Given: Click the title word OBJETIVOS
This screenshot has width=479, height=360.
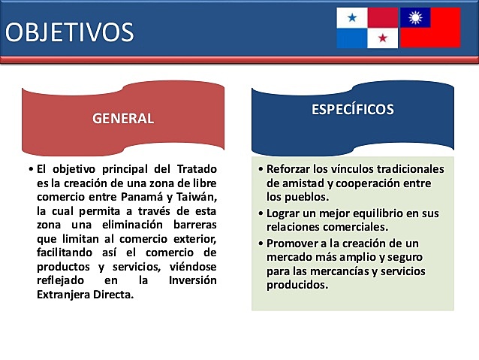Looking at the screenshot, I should point(70,32).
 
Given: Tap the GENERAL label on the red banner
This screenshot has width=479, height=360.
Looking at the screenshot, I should point(123,118).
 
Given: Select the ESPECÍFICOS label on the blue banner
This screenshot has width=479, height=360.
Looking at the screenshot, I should point(352,109).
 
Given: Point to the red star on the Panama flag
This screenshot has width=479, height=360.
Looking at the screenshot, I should point(382,38).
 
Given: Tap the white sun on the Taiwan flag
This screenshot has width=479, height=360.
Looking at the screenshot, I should point(414,17).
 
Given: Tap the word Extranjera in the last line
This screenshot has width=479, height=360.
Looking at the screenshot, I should point(66,294).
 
